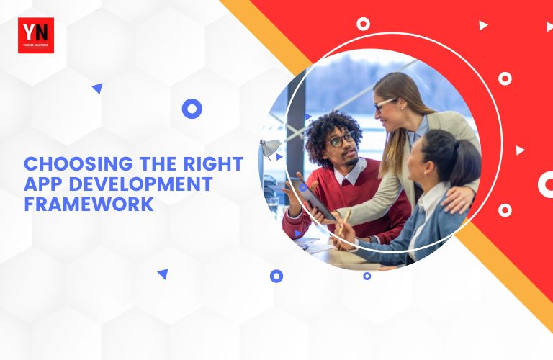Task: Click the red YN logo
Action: pyautogui.click(x=35, y=35)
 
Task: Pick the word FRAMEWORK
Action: pyautogui.click(x=89, y=204)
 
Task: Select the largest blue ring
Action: pyautogui.click(x=192, y=109)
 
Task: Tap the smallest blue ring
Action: pyautogui.click(x=367, y=276)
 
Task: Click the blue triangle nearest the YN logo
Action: pyautogui.click(x=97, y=89)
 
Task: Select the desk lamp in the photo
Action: pyautogui.click(x=271, y=148)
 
